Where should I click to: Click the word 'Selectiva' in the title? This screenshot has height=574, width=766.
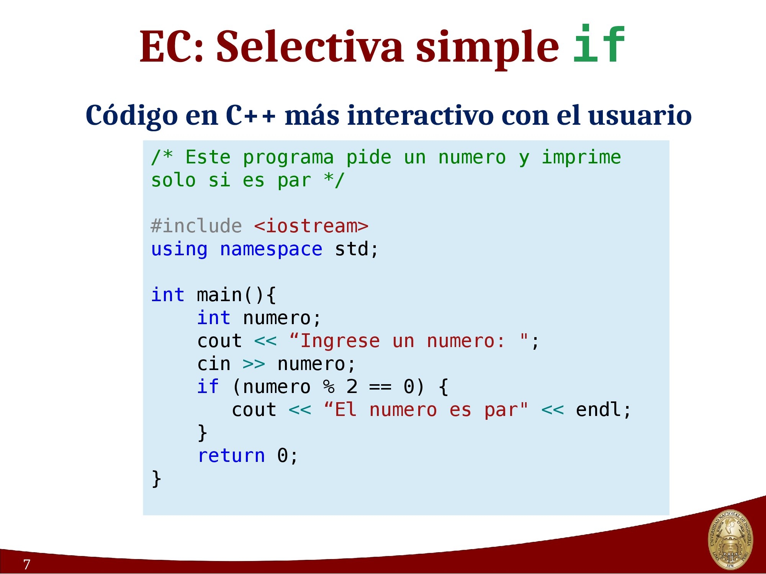[x=310, y=46]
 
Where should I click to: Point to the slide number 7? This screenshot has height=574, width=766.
[x=26, y=564]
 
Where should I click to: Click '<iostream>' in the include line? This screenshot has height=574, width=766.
[x=311, y=226]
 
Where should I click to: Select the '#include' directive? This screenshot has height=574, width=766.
[x=196, y=226]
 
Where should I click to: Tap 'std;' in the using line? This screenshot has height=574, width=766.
[x=356, y=249]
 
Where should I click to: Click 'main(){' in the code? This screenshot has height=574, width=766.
[x=236, y=295]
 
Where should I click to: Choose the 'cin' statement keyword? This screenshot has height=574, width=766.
[x=214, y=364]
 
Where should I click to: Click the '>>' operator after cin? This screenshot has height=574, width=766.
[x=254, y=364]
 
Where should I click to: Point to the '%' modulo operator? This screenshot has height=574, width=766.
[x=329, y=387]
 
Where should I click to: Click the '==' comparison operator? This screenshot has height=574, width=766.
[x=380, y=387]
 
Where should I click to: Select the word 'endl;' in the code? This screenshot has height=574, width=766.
[x=603, y=410]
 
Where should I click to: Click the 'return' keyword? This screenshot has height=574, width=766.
[x=231, y=456]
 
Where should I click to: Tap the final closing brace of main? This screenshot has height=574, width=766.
[x=156, y=479]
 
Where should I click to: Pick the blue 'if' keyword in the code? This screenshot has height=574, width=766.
[x=208, y=386]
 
